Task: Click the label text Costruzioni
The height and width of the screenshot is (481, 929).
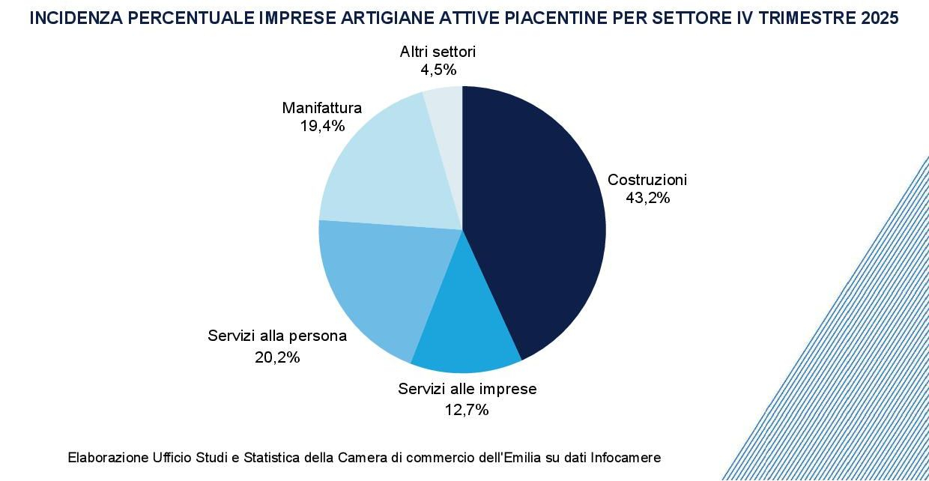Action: click(647, 180)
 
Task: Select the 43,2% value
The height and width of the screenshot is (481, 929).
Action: click(647, 199)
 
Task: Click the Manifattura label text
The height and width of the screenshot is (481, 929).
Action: click(321, 108)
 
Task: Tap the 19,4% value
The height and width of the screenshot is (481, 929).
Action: click(322, 126)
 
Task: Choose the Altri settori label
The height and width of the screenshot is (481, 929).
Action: click(438, 52)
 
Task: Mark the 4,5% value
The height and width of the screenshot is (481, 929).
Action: click(438, 70)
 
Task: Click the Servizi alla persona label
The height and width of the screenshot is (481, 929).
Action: click(277, 336)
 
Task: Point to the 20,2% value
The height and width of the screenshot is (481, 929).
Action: click(277, 357)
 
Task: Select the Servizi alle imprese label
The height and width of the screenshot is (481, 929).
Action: click(467, 389)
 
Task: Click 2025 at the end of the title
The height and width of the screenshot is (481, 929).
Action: click(880, 19)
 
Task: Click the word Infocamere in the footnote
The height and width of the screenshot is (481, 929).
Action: click(626, 457)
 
